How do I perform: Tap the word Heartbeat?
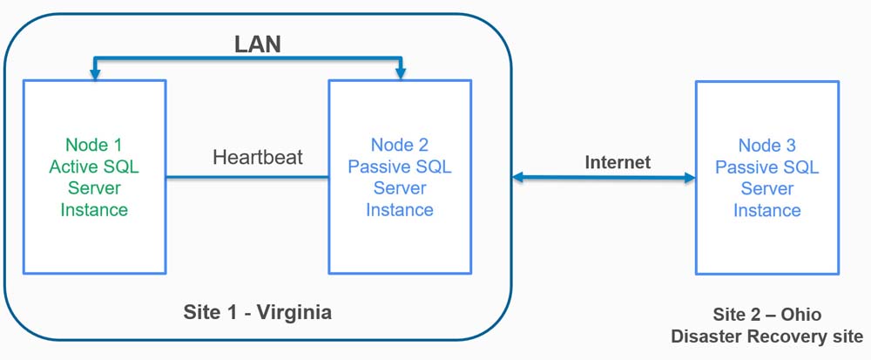[x=258, y=158]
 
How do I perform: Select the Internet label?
[x=618, y=161]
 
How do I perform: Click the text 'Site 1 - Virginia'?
[x=258, y=311]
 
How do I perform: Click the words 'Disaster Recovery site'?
[x=767, y=336]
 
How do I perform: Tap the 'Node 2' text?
[x=400, y=145]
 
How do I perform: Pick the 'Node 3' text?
[x=767, y=146]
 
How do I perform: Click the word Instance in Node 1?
[x=95, y=209]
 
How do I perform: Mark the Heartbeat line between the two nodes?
[x=247, y=178]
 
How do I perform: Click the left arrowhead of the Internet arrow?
[x=517, y=178]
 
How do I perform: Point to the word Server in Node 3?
[x=767, y=188]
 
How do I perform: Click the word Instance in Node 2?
[x=400, y=209]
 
